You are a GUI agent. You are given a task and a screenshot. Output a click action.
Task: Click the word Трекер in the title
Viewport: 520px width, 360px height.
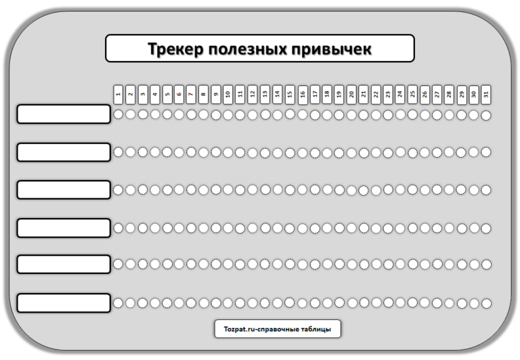click(x=175, y=49)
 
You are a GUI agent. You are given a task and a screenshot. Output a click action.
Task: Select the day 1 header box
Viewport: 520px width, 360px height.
click(x=118, y=95)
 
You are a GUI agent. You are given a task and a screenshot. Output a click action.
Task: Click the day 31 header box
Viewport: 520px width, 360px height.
click(x=486, y=95)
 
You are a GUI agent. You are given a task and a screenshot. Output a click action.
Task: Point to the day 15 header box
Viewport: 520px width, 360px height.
click(x=290, y=95)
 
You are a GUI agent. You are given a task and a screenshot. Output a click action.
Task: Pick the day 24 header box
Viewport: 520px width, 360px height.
click(x=400, y=95)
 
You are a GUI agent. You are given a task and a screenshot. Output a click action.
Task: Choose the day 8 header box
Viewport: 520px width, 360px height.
click(x=204, y=95)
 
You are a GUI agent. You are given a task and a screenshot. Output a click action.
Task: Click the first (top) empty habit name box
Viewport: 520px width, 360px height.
click(x=64, y=114)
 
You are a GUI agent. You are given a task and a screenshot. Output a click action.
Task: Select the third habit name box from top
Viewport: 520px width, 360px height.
click(x=64, y=189)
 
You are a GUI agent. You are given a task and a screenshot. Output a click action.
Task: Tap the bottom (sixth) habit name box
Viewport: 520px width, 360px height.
click(x=64, y=302)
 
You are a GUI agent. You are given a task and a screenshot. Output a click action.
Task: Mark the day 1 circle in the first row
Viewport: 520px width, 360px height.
click(x=118, y=114)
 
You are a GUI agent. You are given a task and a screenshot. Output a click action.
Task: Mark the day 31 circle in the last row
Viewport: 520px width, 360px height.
click(x=486, y=303)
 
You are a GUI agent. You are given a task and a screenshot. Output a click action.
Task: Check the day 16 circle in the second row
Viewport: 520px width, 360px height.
click(x=303, y=153)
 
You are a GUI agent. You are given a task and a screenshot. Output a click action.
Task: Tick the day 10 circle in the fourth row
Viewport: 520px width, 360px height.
click(x=228, y=228)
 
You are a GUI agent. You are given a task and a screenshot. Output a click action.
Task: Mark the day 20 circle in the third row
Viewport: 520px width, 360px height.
click(x=351, y=190)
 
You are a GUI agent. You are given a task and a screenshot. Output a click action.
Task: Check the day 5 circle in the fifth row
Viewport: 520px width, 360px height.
click(x=167, y=264)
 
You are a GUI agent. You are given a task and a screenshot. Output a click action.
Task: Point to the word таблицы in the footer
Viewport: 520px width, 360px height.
click(x=317, y=329)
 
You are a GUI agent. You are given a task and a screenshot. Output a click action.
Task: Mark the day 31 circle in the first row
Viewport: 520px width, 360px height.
click(x=486, y=115)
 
